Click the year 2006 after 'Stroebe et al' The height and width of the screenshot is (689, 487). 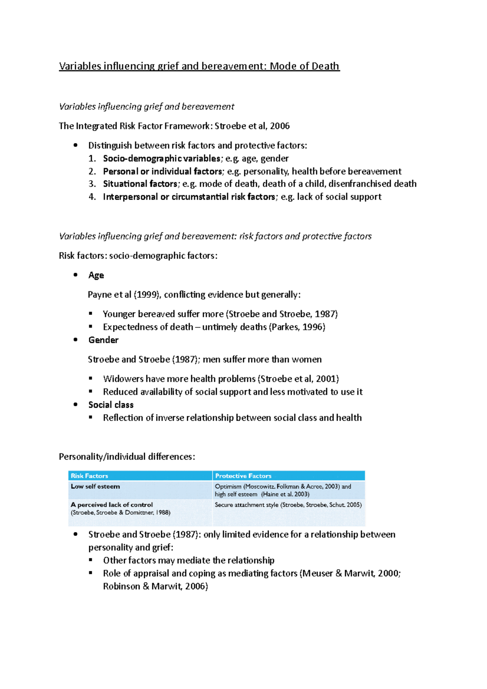(280, 126)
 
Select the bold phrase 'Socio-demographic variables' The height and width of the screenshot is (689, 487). (162, 159)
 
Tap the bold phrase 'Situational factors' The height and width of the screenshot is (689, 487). (140, 184)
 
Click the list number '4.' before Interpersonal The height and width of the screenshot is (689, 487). (92, 197)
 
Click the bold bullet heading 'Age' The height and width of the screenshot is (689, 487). (96, 276)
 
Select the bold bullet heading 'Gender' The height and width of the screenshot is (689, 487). (103, 340)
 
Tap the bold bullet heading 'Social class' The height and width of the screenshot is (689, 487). (111, 405)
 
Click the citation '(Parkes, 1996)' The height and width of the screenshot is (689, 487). (297, 327)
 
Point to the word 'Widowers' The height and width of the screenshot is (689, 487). (123, 379)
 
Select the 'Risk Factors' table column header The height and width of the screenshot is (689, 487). (89, 476)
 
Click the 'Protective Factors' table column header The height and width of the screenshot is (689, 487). (243, 476)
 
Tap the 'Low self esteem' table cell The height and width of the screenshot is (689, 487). (95, 487)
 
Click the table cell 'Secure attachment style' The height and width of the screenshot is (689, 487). (246, 505)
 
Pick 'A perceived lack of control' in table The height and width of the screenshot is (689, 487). (112, 505)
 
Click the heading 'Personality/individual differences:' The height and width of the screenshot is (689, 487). (127, 457)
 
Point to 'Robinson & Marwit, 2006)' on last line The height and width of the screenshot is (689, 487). (155, 586)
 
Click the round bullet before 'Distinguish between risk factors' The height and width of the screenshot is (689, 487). (75, 145)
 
